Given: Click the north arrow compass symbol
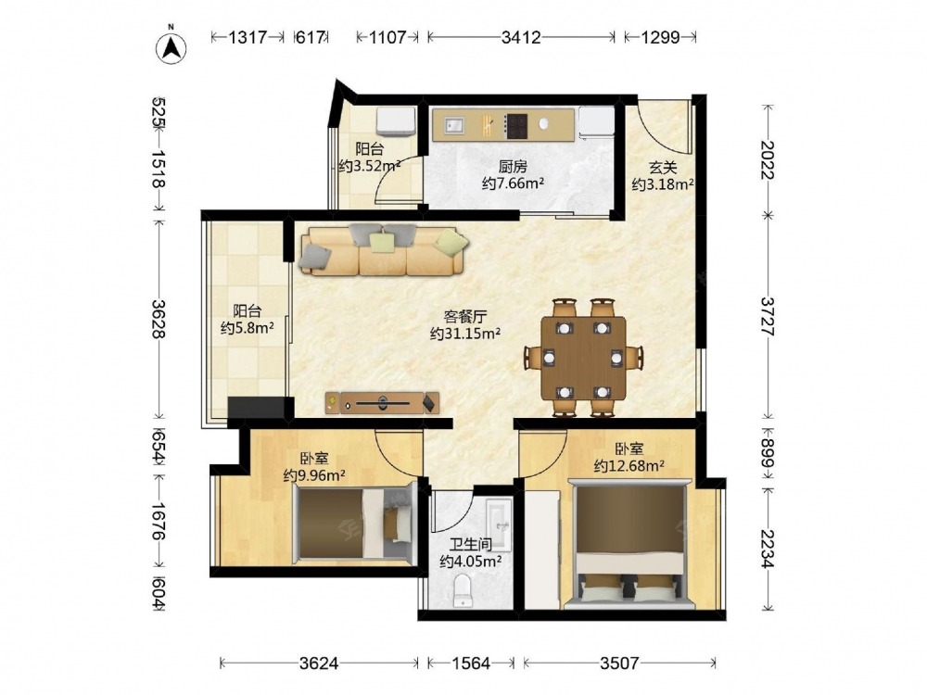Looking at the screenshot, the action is click(171, 47).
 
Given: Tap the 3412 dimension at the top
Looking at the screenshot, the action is click(520, 38).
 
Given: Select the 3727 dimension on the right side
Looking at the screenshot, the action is click(767, 317).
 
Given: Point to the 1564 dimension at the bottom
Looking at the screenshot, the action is click(471, 663).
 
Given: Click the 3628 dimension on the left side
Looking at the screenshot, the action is click(158, 319).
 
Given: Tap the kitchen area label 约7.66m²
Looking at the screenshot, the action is click(514, 183).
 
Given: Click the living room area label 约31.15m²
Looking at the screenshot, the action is click(465, 334).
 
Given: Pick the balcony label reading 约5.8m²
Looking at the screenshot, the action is click(248, 328).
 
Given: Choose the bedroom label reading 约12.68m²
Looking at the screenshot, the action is click(629, 466).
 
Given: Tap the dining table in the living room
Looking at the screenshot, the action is click(583, 358).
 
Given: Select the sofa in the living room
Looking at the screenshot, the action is click(385, 250).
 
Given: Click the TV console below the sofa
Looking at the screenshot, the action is click(382, 403).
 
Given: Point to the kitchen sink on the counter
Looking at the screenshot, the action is click(454, 125).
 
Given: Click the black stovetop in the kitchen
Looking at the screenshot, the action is click(514, 126).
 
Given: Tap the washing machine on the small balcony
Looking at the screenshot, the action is click(396, 121).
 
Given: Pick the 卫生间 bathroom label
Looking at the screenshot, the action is click(471, 544).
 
